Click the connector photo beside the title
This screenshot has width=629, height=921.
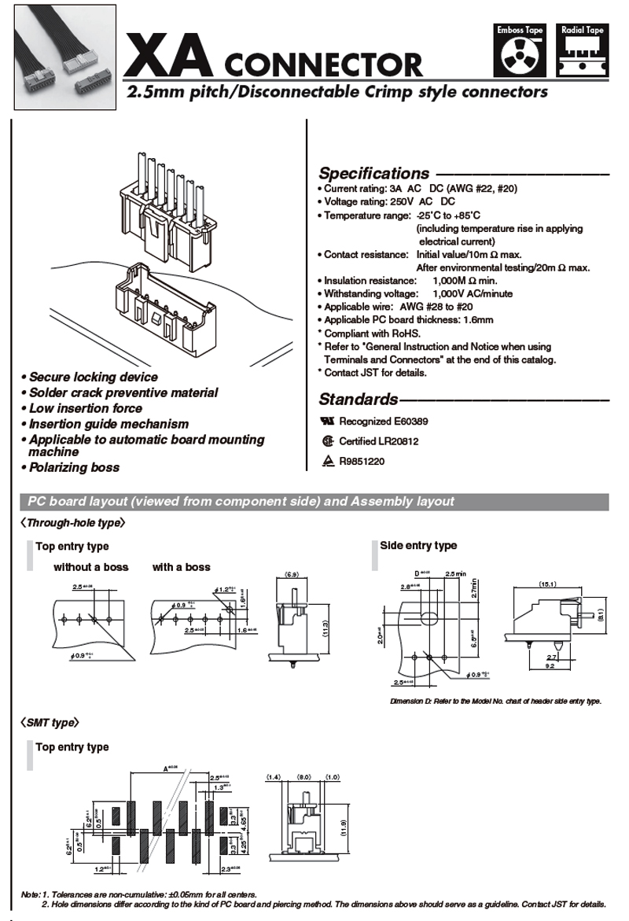pyautogui.click(x=60, y=58)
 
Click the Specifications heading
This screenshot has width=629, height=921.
pyautogui.click(x=373, y=174)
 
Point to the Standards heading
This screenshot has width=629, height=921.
pyautogui.click(x=358, y=400)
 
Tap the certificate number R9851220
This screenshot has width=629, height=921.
pyautogui.click(x=362, y=462)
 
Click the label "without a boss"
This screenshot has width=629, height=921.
pyautogui.click(x=90, y=567)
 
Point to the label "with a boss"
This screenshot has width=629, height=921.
pyautogui.click(x=181, y=567)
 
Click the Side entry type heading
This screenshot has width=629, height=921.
pyautogui.click(x=418, y=546)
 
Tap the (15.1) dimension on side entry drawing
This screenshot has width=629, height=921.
pyautogui.click(x=547, y=584)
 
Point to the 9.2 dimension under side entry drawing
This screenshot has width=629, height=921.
pyautogui.click(x=550, y=666)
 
